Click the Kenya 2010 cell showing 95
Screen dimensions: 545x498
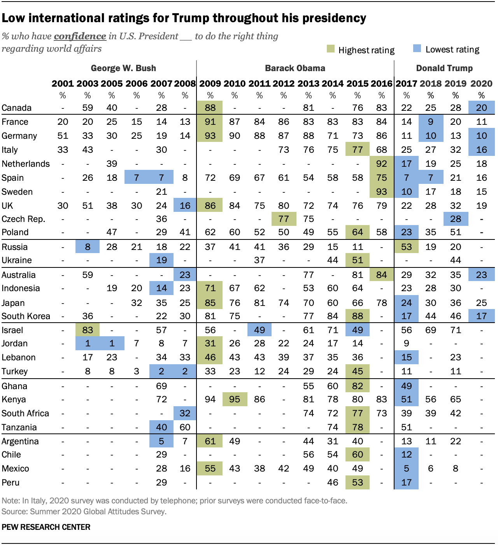tap(235, 399)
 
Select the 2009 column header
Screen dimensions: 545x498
tap(210, 84)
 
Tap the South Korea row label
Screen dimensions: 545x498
tap(26, 316)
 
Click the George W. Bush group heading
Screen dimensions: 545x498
tap(123, 68)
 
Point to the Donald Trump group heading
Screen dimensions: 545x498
tap(444, 68)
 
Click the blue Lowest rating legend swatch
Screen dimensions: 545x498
tap(417, 49)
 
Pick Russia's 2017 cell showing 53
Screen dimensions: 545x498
tap(407, 247)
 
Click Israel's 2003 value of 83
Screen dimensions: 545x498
tap(88, 330)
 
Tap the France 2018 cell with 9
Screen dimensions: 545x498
tap(431, 122)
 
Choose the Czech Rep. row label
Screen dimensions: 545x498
tap(23, 219)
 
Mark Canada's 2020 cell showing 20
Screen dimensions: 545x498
tap(482, 108)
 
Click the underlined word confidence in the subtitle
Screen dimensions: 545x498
tap(80, 36)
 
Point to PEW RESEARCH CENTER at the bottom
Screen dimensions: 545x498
tap(46, 527)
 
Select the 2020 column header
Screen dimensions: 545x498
tap(481, 84)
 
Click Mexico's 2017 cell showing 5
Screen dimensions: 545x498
tap(407, 468)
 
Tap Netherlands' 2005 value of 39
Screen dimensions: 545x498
tap(112, 164)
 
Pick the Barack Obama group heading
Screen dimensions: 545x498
tap(295, 68)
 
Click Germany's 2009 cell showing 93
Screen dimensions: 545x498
tap(210, 136)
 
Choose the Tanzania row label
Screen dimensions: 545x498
tap(19, 427)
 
